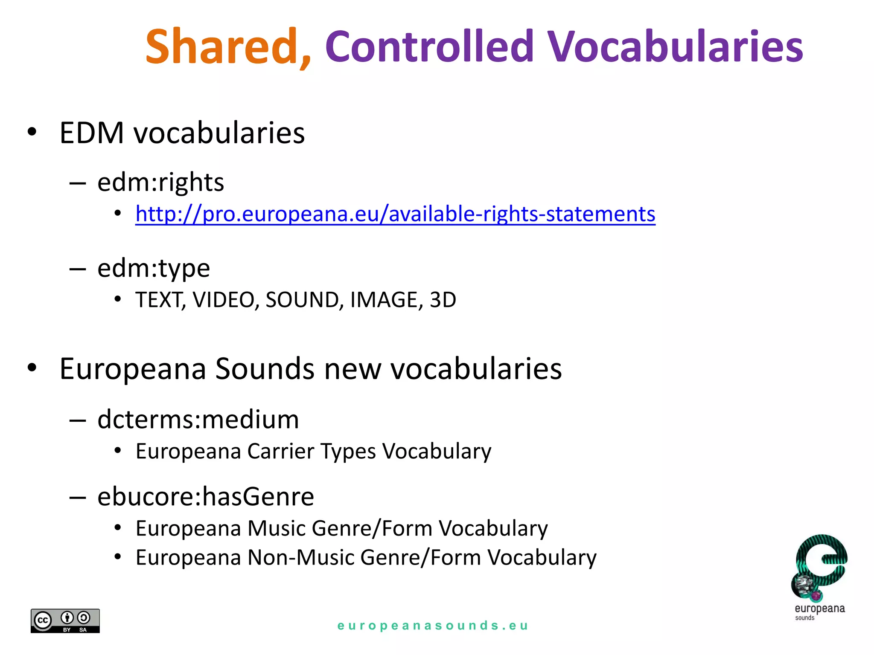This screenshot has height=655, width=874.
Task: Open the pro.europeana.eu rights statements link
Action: (x=395, y=214)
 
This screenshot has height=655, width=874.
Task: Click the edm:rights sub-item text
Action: (x=160, y=183)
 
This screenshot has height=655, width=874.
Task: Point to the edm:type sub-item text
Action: (x=154, y=269)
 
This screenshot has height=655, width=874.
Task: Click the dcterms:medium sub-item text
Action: (x=198, y=420)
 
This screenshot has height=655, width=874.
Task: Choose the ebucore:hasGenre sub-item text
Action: (x=206, y=497)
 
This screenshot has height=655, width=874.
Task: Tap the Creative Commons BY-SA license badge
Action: (x=65, y=621)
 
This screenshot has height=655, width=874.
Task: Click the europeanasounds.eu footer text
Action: (x=433, y=626)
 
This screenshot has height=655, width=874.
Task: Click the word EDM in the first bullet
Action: (x=92, y=133)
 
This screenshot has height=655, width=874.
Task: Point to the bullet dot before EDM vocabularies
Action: (x=32, y=132)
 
